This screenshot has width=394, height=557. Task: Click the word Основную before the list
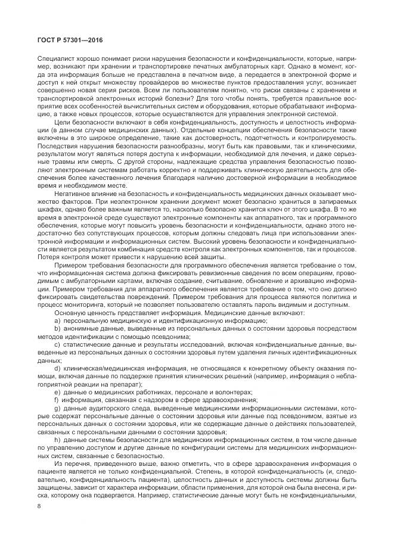point(70,313)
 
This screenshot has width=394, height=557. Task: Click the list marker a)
point(57,320)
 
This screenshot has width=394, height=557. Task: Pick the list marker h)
point(57,438)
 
